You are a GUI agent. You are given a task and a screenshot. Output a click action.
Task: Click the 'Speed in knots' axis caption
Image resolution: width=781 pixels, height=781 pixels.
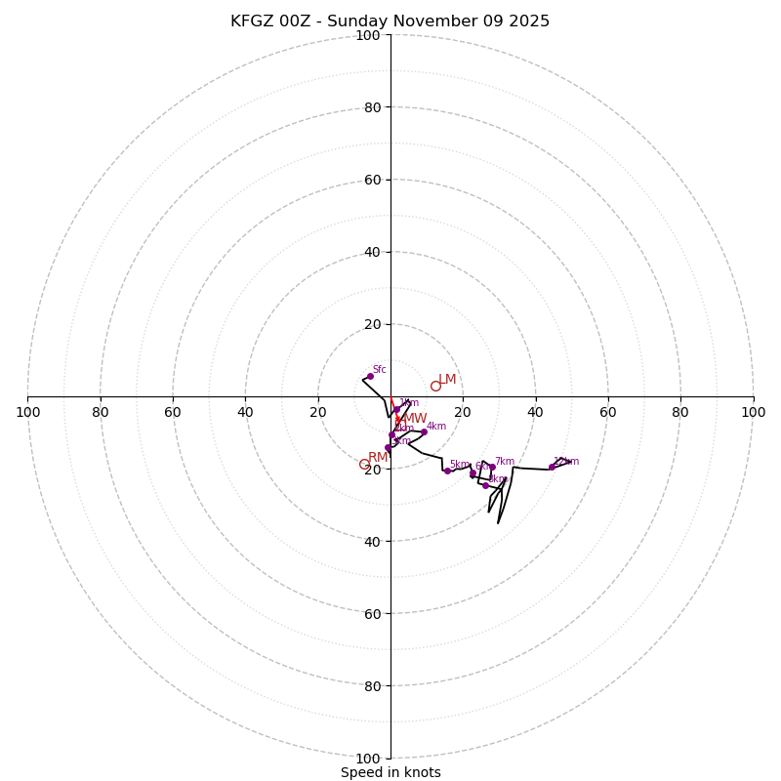coord(390,772)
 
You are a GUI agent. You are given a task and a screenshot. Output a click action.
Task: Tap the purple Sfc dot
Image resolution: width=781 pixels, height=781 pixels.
coord(370,376)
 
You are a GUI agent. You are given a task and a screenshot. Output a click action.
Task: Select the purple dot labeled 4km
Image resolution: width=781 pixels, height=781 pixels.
coord(424,432)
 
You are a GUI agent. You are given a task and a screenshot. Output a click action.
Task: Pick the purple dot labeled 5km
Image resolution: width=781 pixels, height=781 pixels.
coord(448,471)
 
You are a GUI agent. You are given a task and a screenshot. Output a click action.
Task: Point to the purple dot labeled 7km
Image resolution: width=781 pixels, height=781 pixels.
coord(492,468)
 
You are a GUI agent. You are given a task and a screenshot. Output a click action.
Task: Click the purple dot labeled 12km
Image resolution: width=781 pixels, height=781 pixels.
coord(552,467)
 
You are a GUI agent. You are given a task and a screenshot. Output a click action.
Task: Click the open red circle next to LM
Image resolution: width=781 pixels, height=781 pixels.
coord(435,386)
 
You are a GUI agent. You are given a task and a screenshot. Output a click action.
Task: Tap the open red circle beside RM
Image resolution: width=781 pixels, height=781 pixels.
coord(364,465)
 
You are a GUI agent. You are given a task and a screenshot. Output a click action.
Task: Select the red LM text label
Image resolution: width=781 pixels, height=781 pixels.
coord(447,379)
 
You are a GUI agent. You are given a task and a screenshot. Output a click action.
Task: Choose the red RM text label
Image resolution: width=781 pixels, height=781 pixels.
coord(378,457)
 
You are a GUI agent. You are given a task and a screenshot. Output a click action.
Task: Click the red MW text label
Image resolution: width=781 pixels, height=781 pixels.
coord(415,418)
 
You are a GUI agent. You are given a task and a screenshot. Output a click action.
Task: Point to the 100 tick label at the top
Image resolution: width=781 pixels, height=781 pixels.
coord(368,35)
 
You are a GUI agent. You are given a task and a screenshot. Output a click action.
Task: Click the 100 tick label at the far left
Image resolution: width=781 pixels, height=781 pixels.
coord(28,412)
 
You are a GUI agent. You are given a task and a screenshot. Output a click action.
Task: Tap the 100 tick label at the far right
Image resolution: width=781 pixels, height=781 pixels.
coord(753,412)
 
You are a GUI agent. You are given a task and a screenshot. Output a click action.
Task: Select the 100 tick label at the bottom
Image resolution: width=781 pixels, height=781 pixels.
coord(368,759)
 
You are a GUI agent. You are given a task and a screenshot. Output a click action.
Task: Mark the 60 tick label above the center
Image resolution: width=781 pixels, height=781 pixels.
coord(372,180)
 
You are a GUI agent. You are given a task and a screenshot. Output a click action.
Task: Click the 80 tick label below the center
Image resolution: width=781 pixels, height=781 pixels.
coord(372,686)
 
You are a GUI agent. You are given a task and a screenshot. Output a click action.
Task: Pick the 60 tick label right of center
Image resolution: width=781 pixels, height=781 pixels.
coord(608,412)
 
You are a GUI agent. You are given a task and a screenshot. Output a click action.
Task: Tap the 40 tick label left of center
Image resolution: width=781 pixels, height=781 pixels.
coord(245,412)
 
